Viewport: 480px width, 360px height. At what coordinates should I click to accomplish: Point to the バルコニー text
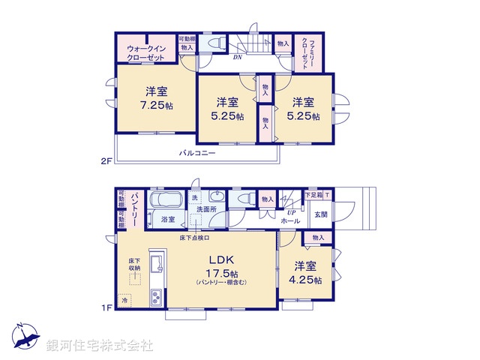pyautogui.click(x=196, y=153)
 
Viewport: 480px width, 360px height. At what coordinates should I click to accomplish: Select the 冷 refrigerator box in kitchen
pyautogui.click(x=125, y=299)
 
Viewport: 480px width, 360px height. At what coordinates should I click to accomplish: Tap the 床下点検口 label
pyautogui.click(x=194, y=238)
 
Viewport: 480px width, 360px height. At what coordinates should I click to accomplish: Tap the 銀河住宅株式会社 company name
pyautogui.click(x=100, y=346)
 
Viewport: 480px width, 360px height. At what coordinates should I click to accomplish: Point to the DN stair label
pyautogui.click(x=237, y=57)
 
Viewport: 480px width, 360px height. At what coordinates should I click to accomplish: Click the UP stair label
pyautogui.click(x=290, y=211)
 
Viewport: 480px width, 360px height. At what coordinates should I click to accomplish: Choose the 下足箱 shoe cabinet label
pyautogui.click(x=313, y=195)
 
